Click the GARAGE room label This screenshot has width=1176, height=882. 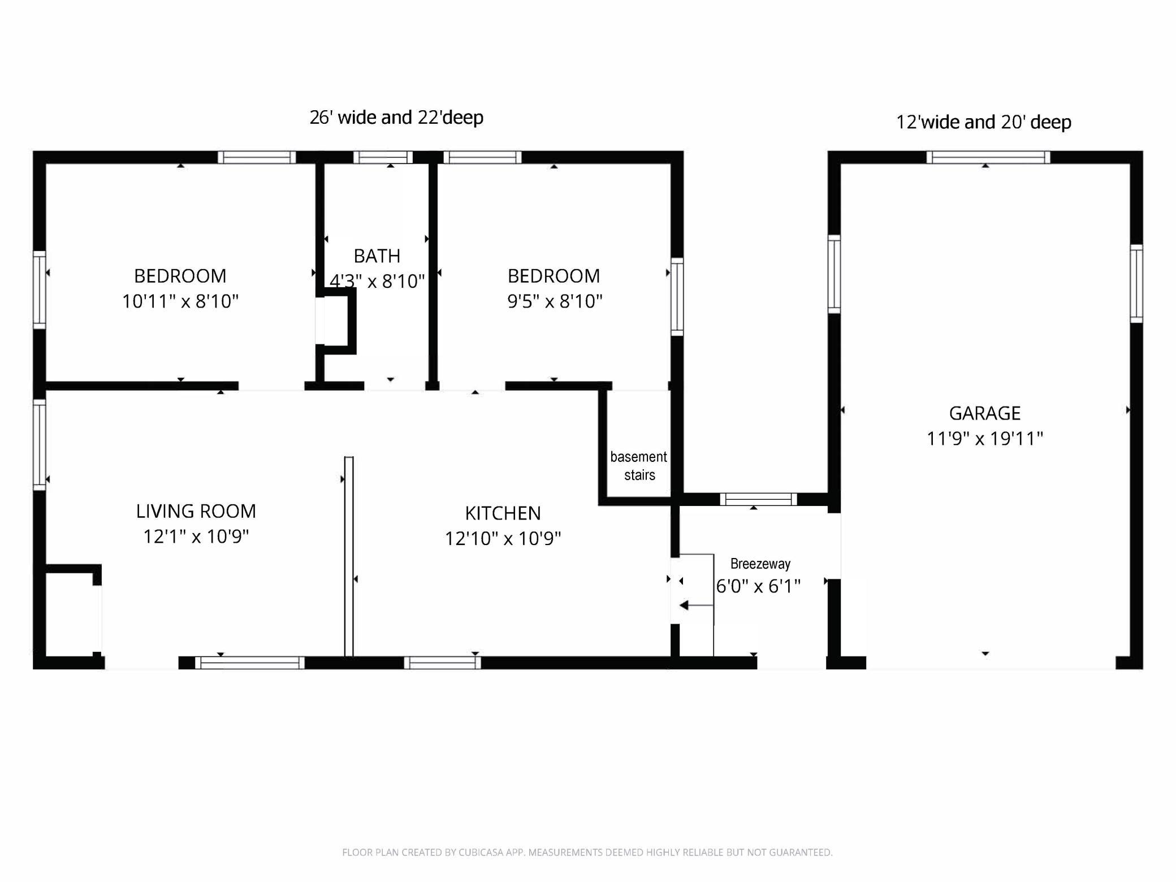[984, 413]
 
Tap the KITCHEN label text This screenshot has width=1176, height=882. [503, 513]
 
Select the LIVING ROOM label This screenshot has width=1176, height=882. [196, 511]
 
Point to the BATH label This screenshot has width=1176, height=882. [377, 256]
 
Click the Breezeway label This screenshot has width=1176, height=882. [760, 564]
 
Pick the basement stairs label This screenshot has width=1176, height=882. [639, 466]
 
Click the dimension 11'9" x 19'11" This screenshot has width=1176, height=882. [984, 439]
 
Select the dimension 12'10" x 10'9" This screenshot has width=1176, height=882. [503, 538]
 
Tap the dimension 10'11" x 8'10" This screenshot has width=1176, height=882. [180, 301]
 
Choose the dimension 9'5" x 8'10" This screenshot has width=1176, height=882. [555, 301]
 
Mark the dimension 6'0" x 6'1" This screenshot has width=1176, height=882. [758, 586]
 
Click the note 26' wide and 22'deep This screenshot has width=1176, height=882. [396, 118]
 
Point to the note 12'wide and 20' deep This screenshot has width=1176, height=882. [984, 122]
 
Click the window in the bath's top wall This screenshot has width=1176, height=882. [383, 157]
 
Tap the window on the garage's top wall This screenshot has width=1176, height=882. [988, 157]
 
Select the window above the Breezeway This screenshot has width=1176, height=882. [758, 499]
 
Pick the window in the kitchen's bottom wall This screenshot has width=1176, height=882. [442, 663]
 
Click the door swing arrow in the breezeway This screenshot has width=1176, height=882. [696, 606]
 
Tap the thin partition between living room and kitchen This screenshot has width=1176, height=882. [349, 556]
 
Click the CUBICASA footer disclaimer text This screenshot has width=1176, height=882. [587, 852]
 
